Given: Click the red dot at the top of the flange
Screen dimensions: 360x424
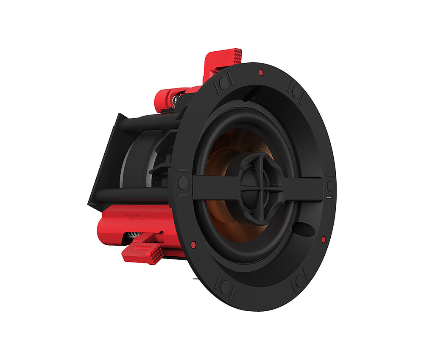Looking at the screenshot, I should point(260,72).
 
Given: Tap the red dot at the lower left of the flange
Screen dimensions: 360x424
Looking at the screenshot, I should point(193,244).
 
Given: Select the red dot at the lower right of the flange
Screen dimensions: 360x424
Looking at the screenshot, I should point(324,240).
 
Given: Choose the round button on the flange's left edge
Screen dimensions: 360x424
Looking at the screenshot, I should point(183,183).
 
